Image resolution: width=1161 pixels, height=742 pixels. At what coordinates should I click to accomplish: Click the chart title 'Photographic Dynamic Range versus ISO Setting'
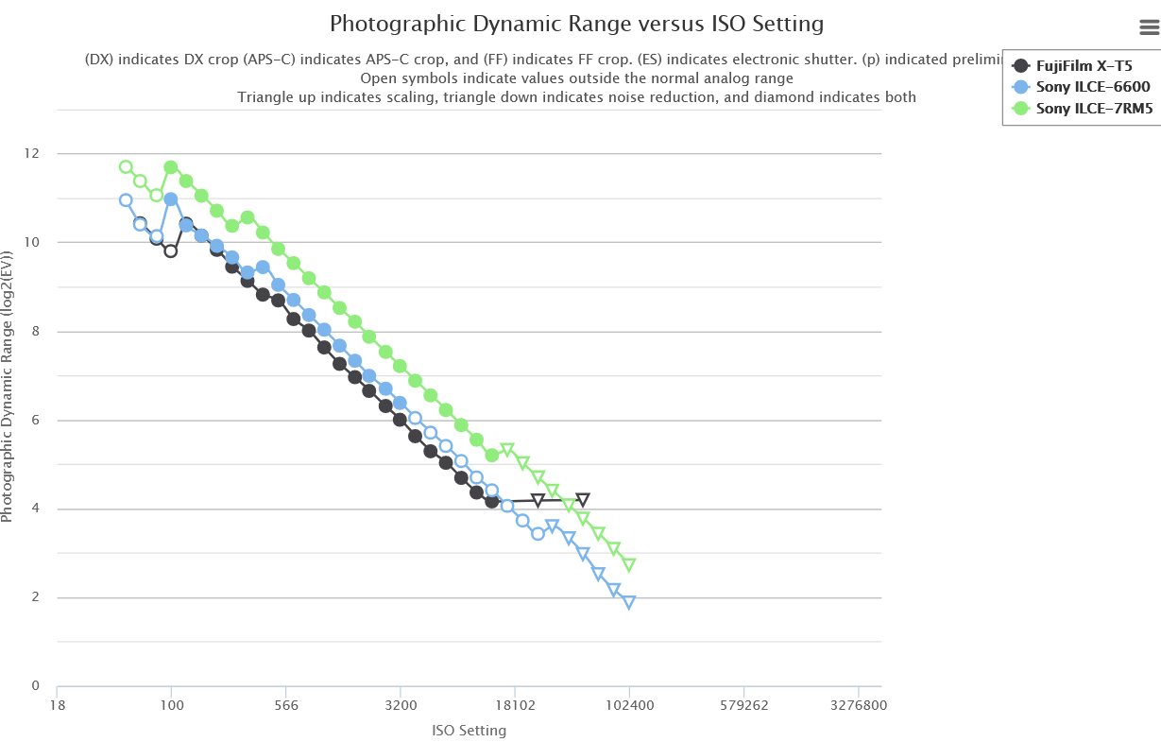click(576, 24)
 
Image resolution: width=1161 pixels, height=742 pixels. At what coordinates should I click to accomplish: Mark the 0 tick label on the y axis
click(36, 686)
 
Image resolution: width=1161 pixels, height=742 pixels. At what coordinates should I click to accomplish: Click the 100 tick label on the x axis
click(171, 704)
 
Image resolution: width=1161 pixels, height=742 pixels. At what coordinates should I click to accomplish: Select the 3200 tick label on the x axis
click(401, 704)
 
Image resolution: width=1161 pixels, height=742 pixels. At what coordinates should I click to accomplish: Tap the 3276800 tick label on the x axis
click(859, 704)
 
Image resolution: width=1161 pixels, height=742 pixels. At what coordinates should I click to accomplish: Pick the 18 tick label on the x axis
click(57, 704)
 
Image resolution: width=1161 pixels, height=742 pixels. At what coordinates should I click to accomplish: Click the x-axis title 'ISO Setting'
click(469, 731)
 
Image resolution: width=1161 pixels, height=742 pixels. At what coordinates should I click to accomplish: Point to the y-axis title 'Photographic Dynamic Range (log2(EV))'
click(9, 387)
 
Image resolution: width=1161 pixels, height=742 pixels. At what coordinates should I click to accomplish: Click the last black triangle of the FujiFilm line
click(583, 499)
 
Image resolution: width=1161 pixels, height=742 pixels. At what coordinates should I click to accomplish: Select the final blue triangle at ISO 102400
click(629, 602)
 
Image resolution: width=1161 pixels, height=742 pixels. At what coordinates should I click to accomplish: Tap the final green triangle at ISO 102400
click(629, 564)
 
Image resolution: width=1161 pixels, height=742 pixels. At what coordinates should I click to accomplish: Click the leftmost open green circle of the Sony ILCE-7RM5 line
click(126, 167)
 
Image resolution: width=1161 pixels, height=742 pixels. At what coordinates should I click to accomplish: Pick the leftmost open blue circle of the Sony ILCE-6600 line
click(126, 200)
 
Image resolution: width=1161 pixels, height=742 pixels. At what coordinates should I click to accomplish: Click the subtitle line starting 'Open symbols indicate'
click(576, 78)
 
